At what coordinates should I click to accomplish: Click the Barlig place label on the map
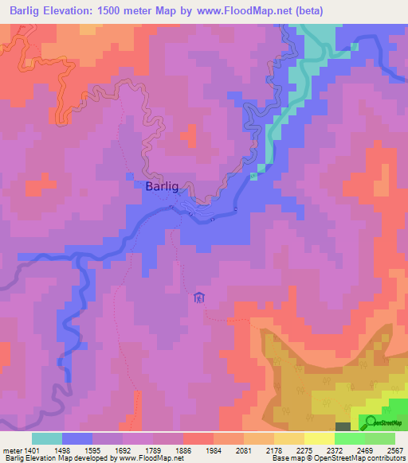click(x=162, y=186)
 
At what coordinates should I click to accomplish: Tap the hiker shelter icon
click(x=198, y=298)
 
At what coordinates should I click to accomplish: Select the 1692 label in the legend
click(x=123, y=449)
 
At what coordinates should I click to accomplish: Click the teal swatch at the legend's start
click(x=47, y=438)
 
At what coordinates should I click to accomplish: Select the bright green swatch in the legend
click(x=349, y=438)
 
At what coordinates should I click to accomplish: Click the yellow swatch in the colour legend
click(x=319, y=438)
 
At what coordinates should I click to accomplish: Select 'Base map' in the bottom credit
click(x=286, y=458)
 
